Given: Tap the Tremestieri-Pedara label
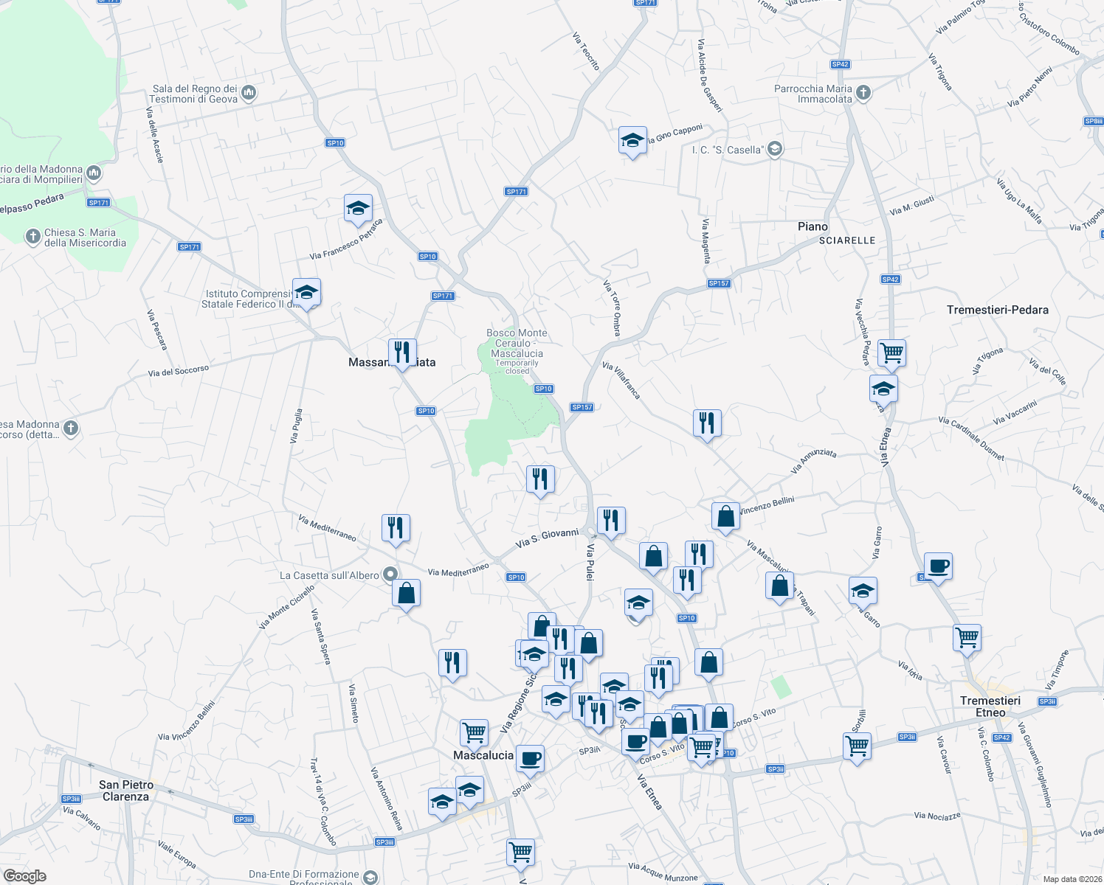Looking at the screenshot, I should (x=997, y=310).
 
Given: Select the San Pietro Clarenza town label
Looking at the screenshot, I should (x=126, y=791).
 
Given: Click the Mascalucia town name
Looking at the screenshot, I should (x=483, y=755).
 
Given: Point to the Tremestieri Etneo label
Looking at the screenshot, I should (x=990, y=706).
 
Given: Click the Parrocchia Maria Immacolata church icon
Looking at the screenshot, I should (x=863, y=93).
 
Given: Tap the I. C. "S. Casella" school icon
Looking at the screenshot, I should (x=774, y=150).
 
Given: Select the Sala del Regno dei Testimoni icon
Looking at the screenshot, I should (x=249, y=93).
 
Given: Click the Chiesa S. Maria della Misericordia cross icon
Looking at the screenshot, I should (x=32, y=237).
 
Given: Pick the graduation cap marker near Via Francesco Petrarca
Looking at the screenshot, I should (x=358, y=209).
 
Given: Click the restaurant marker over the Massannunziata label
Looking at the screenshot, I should (x=402, y=353).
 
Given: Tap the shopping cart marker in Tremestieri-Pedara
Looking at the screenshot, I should (x=891, y=353).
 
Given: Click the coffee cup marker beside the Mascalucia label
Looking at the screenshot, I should (x=530, y=758).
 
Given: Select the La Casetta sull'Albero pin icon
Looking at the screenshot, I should (x=391, y=575).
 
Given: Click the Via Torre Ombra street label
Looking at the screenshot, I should (x=612, y=308).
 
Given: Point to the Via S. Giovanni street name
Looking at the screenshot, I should (x=547, y=538).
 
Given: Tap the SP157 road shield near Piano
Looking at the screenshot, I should (x=718, y=283).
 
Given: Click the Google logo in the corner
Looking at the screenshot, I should (x=25, y=875).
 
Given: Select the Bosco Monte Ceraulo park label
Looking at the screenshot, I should (x=517, y=344).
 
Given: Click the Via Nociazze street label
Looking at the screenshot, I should (x=937, y=816).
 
